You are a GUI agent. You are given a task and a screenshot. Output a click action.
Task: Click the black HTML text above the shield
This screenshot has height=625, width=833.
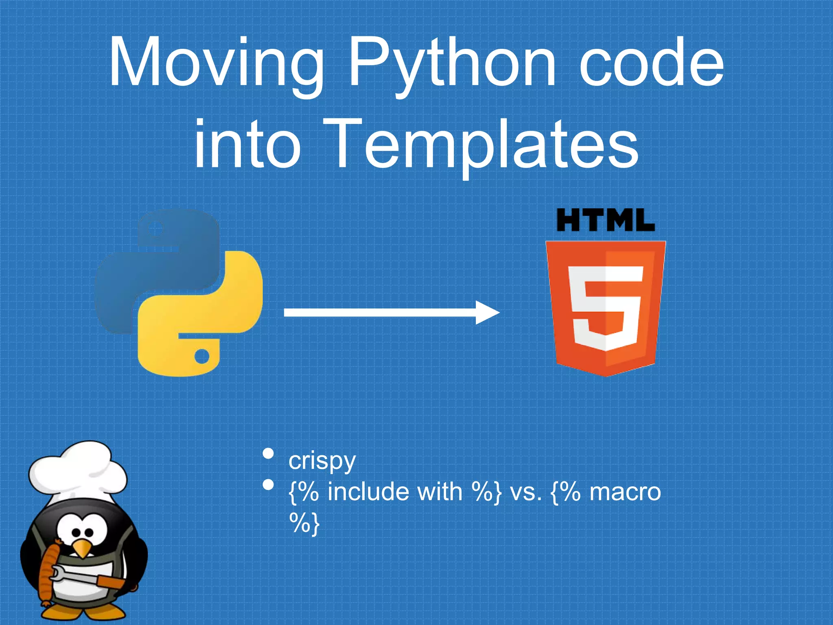pyautogui.click(x=605, y=220)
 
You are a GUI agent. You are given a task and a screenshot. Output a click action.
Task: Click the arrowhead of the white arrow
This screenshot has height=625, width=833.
pyautogui.click(x=488, y=312)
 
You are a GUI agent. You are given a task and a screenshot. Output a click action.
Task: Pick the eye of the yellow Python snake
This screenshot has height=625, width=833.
pyautogui.click(x=202, y=356)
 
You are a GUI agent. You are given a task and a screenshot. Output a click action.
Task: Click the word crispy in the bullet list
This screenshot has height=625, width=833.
pyautogui.click(x=322, y=461)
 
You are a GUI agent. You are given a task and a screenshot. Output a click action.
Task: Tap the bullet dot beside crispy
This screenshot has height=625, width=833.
pyautogui.click(x=268, y=453)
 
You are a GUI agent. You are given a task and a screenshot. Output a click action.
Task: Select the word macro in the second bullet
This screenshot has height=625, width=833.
pyautogui.click(x=625, y=492)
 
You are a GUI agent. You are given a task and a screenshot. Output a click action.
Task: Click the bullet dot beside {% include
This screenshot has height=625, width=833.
pyautogui.click(x=268, y=485)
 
